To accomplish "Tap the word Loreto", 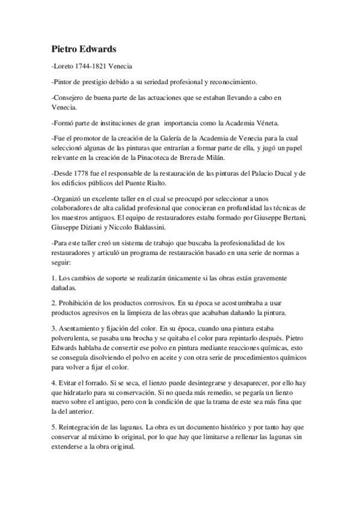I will (x=63, y=64).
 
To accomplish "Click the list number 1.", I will (x=53, y=278).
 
